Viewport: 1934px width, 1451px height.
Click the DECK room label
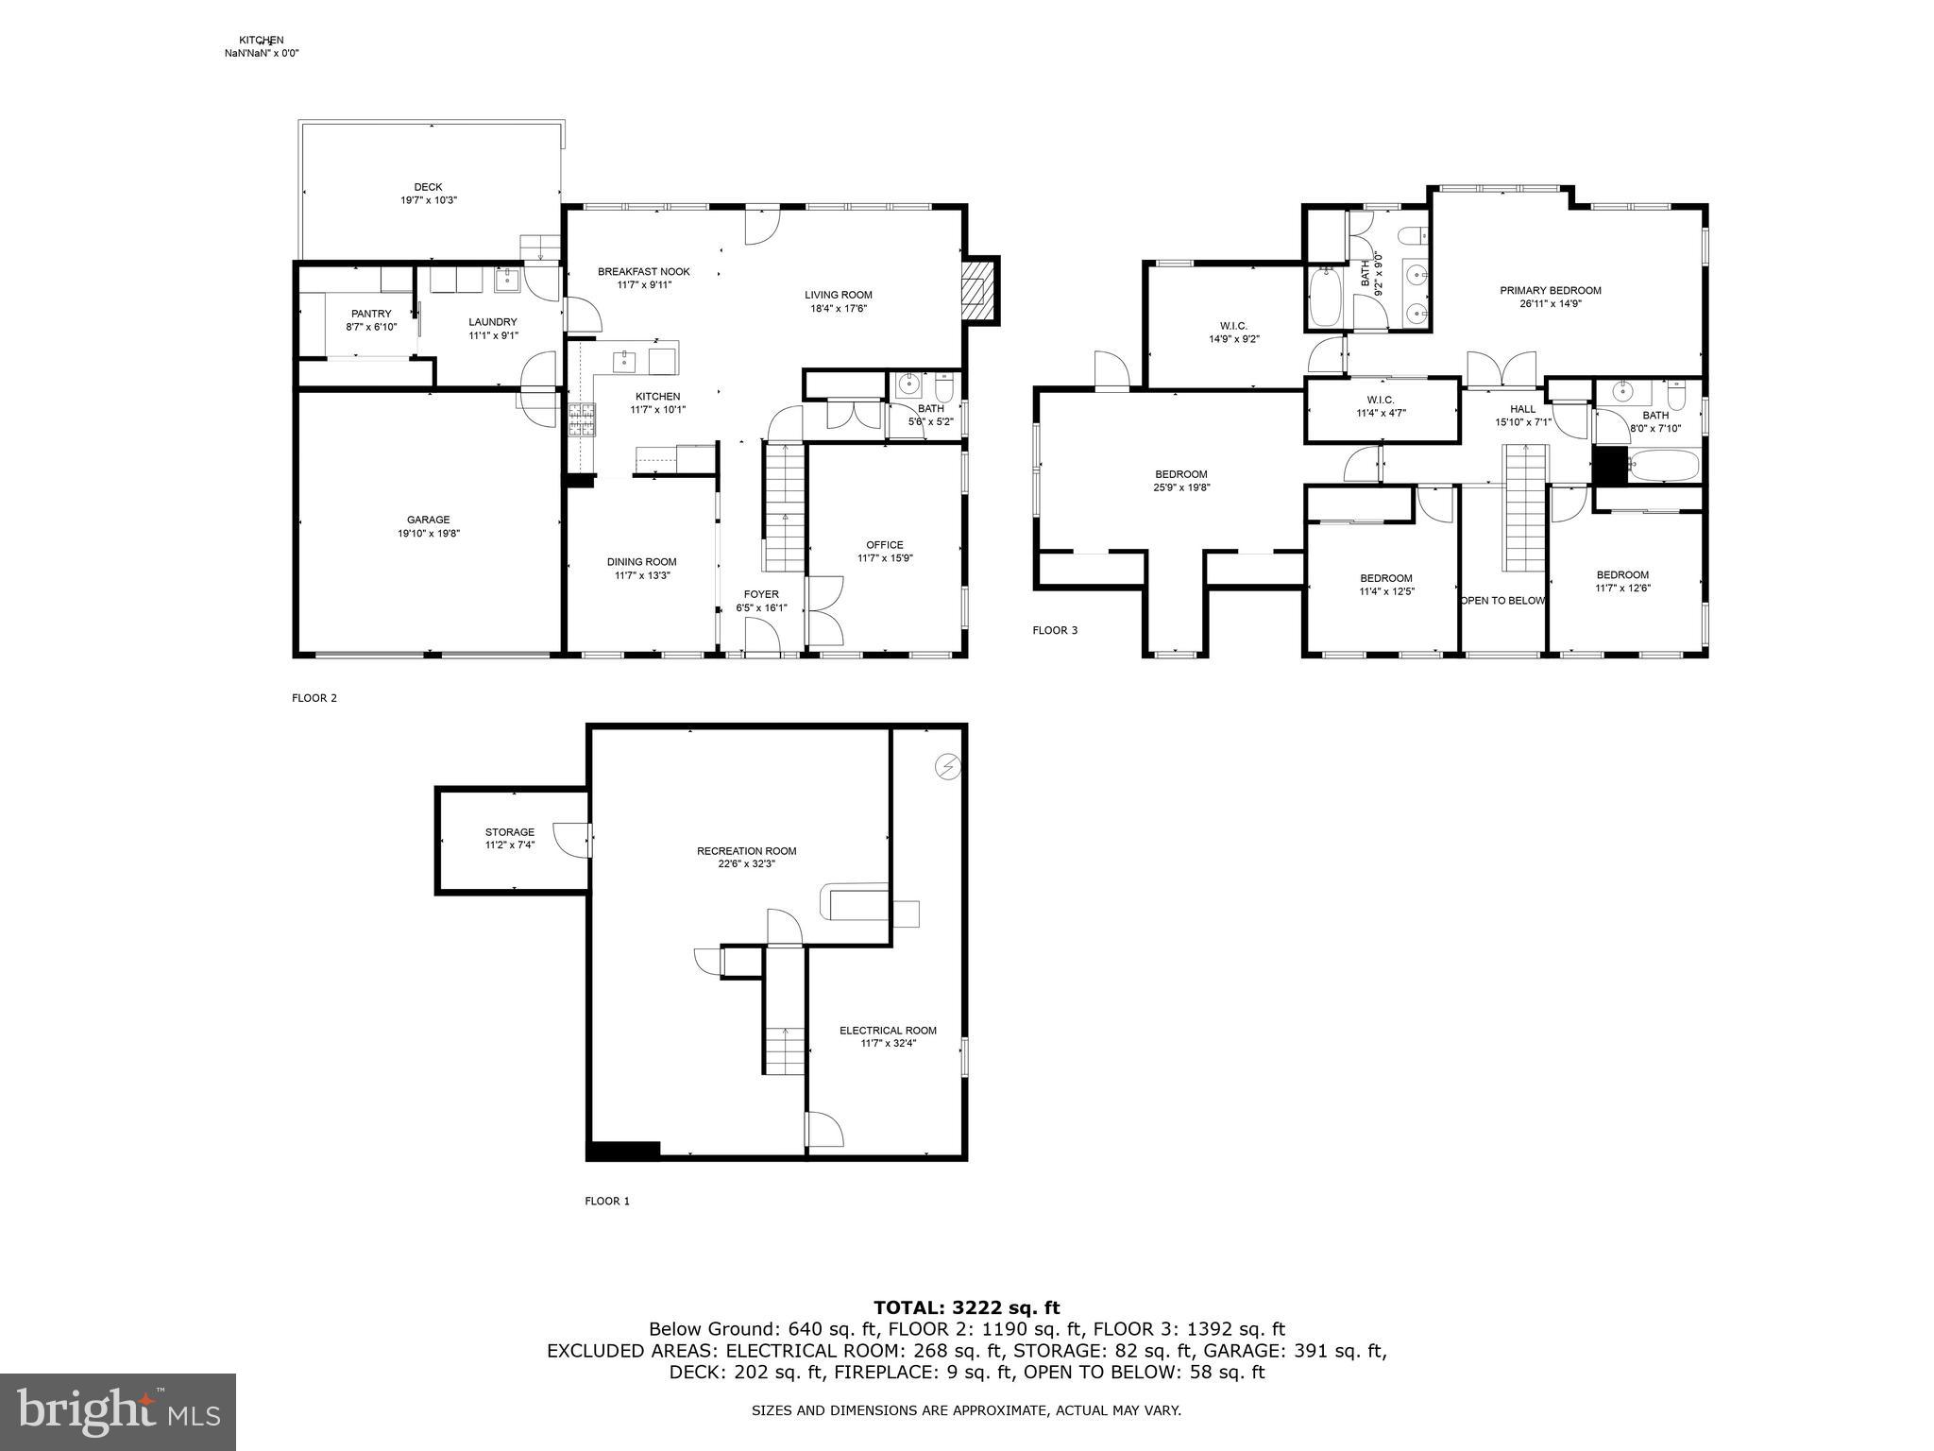point(428,187)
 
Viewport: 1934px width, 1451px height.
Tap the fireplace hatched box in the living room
point(977,292)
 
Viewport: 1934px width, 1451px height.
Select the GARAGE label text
point(428,520)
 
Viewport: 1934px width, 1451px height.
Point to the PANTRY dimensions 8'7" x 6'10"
point(371,327)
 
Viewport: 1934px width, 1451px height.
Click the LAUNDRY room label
point(493,322)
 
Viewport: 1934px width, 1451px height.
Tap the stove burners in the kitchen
point(581,418)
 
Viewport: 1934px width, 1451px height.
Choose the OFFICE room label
point(884,545)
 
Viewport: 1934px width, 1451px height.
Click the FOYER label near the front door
point(761,594)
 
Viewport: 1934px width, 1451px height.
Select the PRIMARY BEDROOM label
point(1550,291)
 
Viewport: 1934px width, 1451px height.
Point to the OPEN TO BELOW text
point(1502,601)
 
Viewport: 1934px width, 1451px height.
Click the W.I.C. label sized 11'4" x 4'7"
point(1381,400)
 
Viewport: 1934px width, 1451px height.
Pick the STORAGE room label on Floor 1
point(510,832)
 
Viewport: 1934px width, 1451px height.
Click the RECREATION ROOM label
point(746,851)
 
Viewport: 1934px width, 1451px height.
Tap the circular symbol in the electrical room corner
point(947,766)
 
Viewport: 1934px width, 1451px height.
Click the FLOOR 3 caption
point(1054,630)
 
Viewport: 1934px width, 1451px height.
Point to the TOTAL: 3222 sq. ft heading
point(966,1307)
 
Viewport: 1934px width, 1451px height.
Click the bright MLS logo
point(118,1412)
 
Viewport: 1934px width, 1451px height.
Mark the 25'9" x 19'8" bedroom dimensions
point(1180,487)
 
